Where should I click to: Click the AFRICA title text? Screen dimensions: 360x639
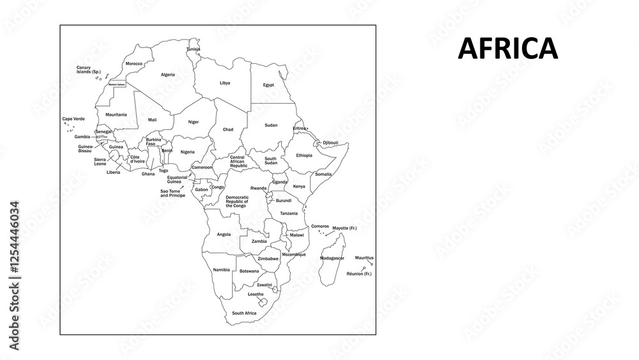pos(507,49)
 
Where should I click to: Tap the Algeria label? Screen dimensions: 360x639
pos(168,74)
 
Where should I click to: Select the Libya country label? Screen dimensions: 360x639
pos(225,82)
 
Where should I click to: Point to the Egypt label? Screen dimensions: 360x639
pos(268,84)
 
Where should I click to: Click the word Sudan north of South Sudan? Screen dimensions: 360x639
pos(271,125)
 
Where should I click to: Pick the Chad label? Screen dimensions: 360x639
pos(227,129)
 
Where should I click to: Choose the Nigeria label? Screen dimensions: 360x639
pos(187,152)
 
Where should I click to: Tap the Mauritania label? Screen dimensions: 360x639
pos(116,114)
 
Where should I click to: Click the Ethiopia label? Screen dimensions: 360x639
pos(304,155)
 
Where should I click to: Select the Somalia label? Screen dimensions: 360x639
pos(323,174)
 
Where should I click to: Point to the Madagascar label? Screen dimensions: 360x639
pos(332,258)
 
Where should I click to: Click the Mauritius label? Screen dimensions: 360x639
pos(364,257)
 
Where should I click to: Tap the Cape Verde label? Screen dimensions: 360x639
pos(73,119)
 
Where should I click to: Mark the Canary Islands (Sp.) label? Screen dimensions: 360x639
pos(89,69)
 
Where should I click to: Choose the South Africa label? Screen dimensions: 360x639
pos(244,313)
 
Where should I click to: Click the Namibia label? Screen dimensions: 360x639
pos(221,269)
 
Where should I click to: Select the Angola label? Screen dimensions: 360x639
pos(224,234)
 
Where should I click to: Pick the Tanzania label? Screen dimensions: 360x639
pos(289,213)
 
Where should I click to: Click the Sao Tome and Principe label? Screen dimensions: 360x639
pos(173,193)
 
